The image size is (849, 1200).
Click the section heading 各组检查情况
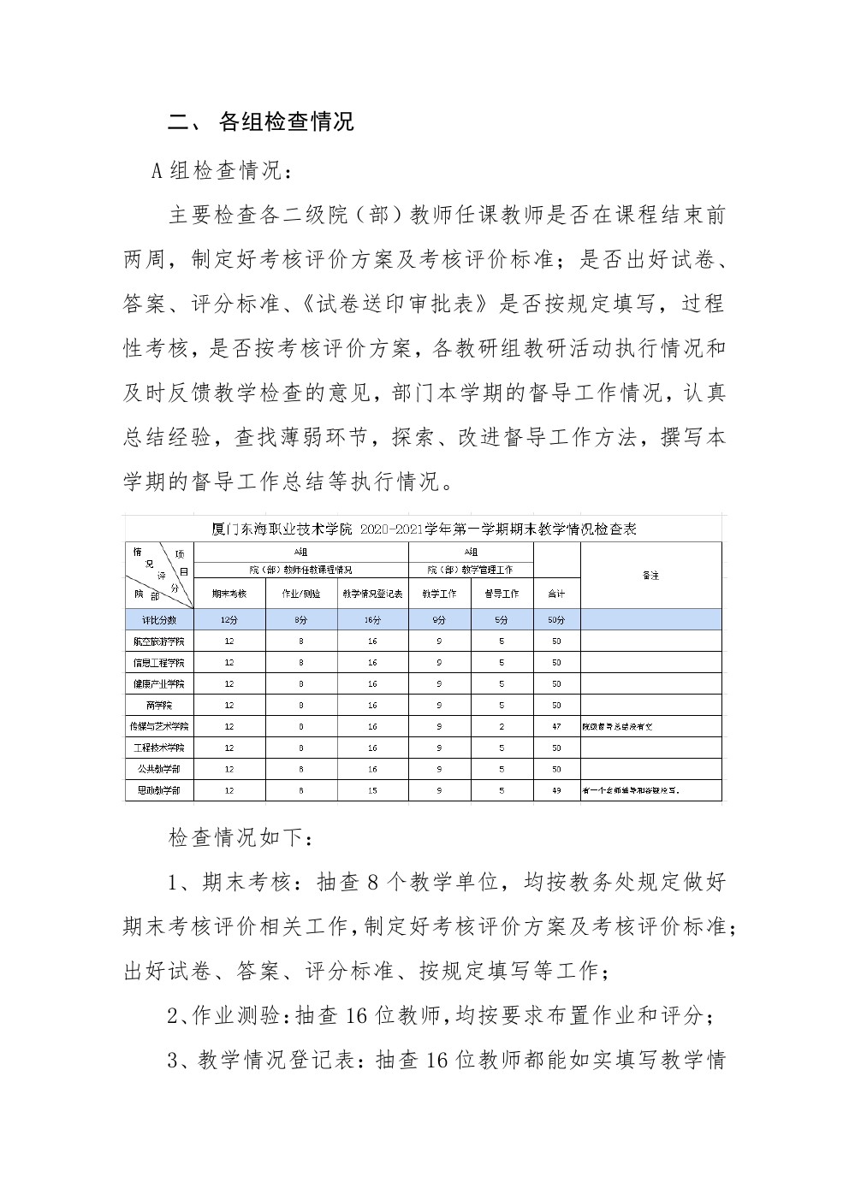coord(286,121)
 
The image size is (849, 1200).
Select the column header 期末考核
coord(229,594)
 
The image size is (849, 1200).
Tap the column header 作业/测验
coord(301,594)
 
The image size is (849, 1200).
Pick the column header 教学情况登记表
coord(372,594)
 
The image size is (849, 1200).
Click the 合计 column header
coord(556,594)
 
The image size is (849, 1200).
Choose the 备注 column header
coord(650,575)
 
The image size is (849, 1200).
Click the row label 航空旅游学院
coord(159,641)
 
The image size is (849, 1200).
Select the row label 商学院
coord(159,705)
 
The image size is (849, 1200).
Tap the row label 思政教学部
coord(159,790)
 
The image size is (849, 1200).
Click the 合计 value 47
coord(556,726)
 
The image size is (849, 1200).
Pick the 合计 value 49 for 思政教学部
coord(556,790)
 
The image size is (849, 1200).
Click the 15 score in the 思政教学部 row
coord(372,790)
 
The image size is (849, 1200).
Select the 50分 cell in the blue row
coord(556,619)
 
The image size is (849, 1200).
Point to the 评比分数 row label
coord(159,619)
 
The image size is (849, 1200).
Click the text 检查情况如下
coord(235,837)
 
